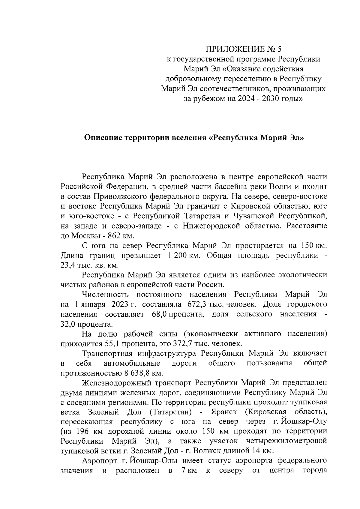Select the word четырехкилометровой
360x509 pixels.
tap(286, 442)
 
